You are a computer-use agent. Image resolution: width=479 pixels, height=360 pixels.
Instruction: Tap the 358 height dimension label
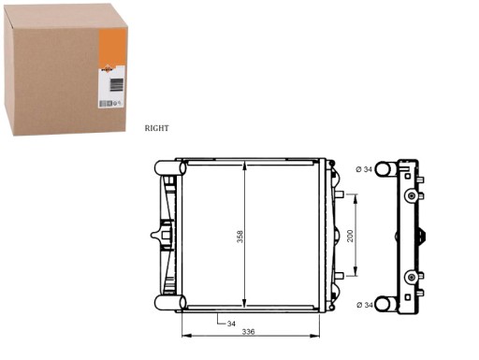[240, 237]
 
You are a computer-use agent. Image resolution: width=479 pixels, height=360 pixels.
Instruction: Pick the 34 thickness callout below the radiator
[231, 324]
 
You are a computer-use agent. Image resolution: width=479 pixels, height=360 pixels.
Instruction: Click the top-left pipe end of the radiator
[164, 168]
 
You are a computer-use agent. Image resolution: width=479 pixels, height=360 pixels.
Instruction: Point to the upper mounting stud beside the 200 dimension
[341, 196]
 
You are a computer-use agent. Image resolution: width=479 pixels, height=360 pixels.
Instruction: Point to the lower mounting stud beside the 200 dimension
[341, 276]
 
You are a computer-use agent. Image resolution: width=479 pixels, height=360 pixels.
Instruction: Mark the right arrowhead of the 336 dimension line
[321, 335]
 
